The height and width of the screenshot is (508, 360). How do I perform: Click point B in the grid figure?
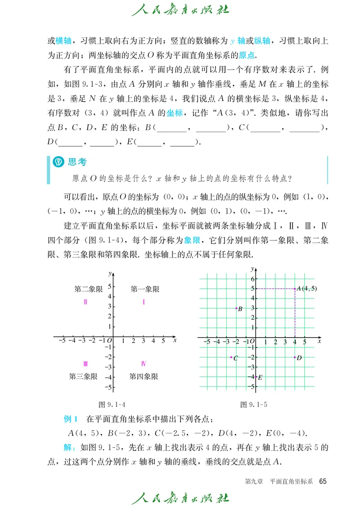pos(236,308)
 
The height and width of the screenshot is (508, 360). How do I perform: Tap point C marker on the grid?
pos(231,357)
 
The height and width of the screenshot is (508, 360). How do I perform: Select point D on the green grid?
pos(295,357)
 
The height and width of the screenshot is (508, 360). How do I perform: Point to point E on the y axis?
pos(256,377)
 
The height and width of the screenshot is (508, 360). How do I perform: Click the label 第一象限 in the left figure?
pos(145,290)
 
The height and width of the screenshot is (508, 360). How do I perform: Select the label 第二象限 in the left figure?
pos(89,290)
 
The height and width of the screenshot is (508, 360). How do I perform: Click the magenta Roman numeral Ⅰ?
pos(144,302)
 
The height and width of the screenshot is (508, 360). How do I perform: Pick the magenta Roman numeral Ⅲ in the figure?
pos(85,364)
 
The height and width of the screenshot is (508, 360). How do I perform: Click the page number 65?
pos(322,481)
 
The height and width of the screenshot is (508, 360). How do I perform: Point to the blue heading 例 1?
pos(71,419)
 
